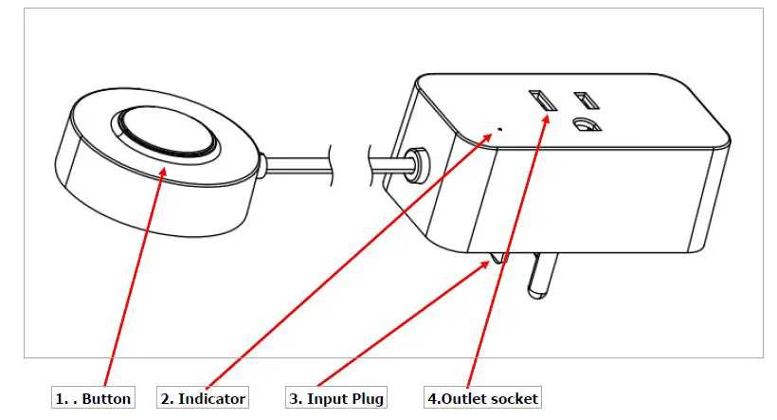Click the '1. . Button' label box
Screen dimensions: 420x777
93,398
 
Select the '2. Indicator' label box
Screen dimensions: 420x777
204,398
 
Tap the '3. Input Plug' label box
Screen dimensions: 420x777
336,398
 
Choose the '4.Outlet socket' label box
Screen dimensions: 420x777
483,398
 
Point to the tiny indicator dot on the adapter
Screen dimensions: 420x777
499,128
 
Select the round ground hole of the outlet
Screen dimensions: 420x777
586,125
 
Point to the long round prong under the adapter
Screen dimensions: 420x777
538,276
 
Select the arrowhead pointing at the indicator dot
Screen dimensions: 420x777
490,138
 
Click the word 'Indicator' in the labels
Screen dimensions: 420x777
212,398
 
